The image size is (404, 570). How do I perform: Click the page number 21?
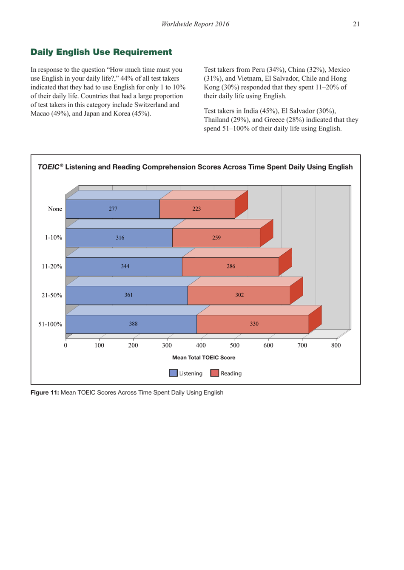[356, 24]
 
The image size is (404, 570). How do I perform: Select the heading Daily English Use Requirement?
[101, 52]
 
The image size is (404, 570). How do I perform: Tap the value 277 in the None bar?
[113, 209]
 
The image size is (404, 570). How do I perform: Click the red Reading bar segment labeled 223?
[196, 209]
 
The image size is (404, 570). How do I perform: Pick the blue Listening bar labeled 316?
[120, 238]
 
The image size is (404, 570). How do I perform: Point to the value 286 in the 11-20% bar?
[230, 267]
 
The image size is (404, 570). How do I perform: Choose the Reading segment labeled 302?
[239, 295]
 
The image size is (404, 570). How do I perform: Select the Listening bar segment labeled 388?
[133, 324]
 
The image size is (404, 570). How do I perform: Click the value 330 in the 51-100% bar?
[254, 324]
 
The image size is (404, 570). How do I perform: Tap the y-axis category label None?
[55, 209]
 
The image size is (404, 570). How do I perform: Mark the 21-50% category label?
[51, 296]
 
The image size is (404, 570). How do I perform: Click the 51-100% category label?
[50, 325]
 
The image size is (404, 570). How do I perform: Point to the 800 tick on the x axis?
[336, 345]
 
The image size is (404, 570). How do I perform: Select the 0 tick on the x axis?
[65, 345]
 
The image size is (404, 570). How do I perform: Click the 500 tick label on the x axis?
[234, 345]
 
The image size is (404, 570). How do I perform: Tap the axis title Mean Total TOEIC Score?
[203, 358]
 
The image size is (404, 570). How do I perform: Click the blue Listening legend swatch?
[173, 373]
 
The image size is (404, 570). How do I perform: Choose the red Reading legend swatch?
[215, 373]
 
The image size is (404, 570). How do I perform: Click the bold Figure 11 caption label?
[45, 392]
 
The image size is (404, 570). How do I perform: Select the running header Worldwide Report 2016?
[195, 24]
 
